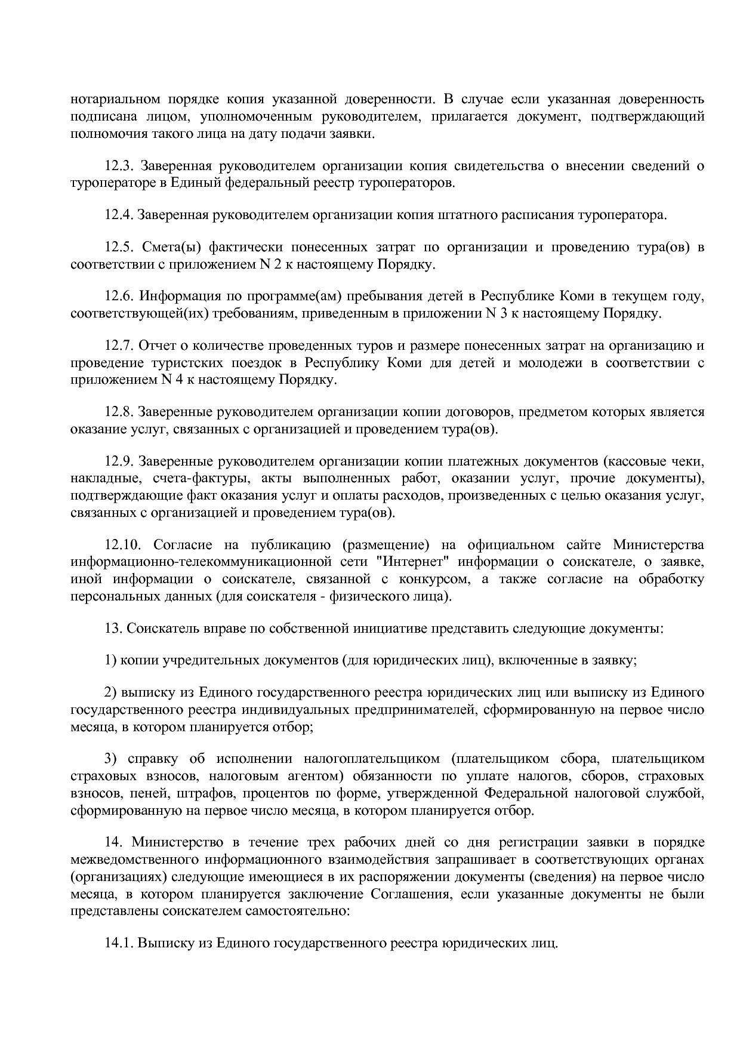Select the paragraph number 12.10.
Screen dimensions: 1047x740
[122, 544]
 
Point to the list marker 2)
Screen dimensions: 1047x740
[110, 692]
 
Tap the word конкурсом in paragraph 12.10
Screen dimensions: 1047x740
[428, 579]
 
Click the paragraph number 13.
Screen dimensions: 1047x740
[112, 628]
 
